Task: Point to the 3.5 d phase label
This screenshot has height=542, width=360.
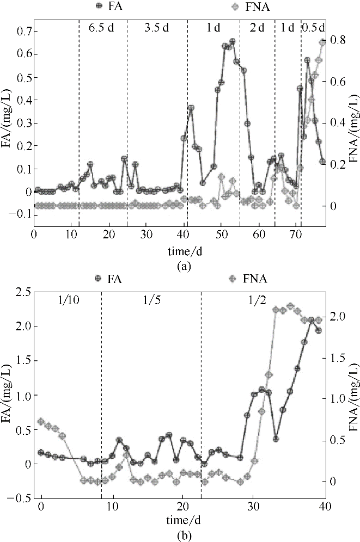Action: [157, 28]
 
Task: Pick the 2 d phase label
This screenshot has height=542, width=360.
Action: [257, 28]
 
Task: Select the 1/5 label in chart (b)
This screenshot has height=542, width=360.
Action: [151, 302]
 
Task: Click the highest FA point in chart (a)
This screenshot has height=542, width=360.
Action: [232, 41]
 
